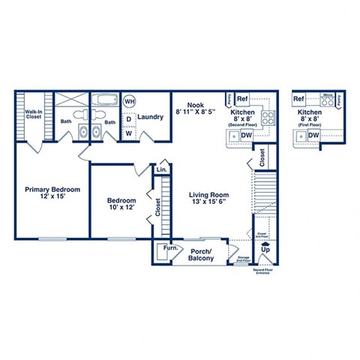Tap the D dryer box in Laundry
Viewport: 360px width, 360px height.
pyautogui.click(x=128, y=118)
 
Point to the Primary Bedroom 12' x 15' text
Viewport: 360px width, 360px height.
pyautogui.click(x=50, y=193)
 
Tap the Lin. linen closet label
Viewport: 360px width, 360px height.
pyautogui.click(x=160, y=170)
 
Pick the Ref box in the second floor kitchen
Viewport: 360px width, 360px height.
pyautogui.click(x=242, y=99)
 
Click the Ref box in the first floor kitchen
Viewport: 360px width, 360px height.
pyautogui.click(x=298, y=99)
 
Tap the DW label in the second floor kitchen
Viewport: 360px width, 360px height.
pyautogui.click(x=247, y=135)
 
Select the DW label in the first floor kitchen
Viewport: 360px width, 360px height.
pyautogui.click(x=313, y=135)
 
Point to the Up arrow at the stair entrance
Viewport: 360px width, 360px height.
pyautogui.click(x=264, y=245)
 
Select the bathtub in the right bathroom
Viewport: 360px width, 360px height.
pyautogui.click(x=103, y=99)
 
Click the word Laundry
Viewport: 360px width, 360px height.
pyautogui.click(x=151, y=117)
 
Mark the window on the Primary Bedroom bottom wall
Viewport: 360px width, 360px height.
pyautogui.click(x=52, y=238)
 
